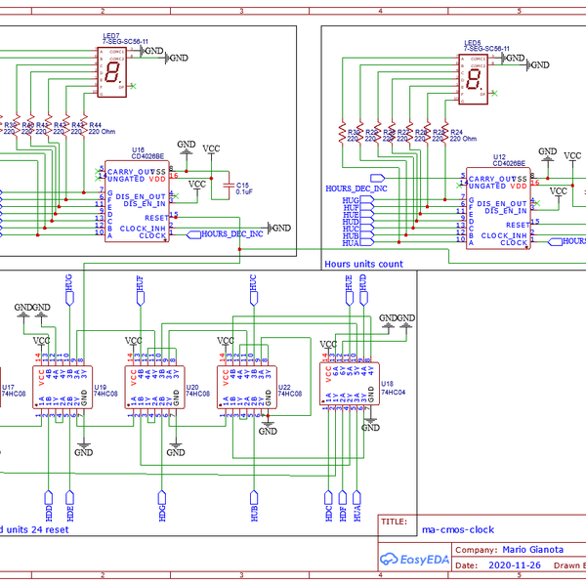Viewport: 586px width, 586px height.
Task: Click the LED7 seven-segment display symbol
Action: (114, 75)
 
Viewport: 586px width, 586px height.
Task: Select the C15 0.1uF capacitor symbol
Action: (230, 185)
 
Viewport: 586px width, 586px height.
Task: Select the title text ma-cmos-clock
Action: (458, 529)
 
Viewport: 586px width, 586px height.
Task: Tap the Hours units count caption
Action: (362, 264)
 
